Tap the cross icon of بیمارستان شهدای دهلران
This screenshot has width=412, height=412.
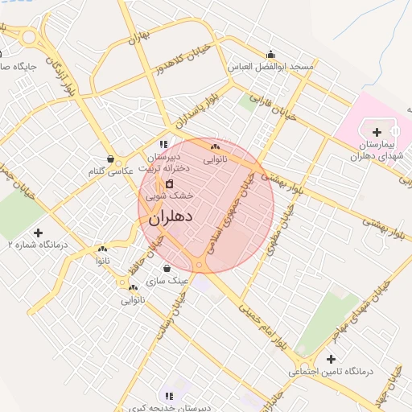[x=376, y=131]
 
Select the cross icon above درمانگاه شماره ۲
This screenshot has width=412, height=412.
[x=38, y=233]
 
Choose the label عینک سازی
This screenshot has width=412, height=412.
[x=167, y=282]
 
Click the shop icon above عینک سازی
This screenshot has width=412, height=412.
[x=167, y=269]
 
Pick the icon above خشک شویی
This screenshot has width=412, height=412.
[x=169, y=184]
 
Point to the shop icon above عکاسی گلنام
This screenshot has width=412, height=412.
[x=109, y=159]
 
